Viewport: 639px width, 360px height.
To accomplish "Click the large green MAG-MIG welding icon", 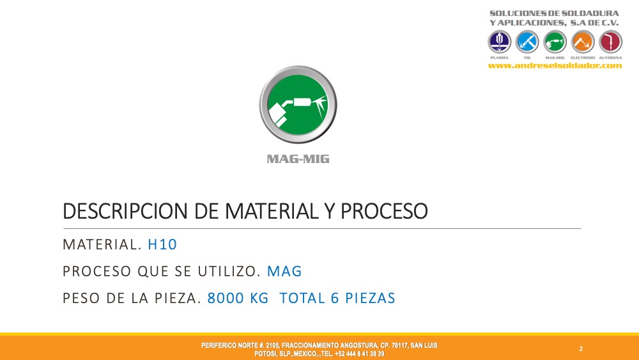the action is coord(298,105).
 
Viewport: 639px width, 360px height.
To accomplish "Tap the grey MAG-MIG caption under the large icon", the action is coord(298,159).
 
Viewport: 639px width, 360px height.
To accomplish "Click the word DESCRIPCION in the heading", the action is coord(127,211).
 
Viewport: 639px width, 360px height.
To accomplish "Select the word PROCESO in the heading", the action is coord(384,211).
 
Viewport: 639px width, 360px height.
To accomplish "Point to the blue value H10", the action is coord(162,245).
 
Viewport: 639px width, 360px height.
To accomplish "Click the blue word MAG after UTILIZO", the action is coord(284,272).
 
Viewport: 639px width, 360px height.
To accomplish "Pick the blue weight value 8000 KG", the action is coord(238,298).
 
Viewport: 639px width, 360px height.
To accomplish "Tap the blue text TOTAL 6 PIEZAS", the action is coord(337,298).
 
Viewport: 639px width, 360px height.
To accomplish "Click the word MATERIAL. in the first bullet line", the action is coord(102,245).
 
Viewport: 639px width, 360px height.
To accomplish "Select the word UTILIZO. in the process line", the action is coord(229,272).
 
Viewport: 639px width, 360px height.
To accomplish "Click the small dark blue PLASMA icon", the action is coord(499,42).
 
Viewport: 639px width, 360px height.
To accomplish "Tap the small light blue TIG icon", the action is coord(527,42).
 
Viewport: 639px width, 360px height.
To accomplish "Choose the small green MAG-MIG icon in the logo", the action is coord(555,42).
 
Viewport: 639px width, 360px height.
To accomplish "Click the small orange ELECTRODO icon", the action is coord(583,42).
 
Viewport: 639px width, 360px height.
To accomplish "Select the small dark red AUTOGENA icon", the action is coord(610,42).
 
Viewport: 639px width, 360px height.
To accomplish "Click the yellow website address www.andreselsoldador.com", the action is coord(555,66).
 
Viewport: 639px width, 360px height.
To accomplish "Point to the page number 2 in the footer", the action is coord(581,349).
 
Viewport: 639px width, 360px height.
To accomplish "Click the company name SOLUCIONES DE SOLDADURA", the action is coord(554,13).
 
